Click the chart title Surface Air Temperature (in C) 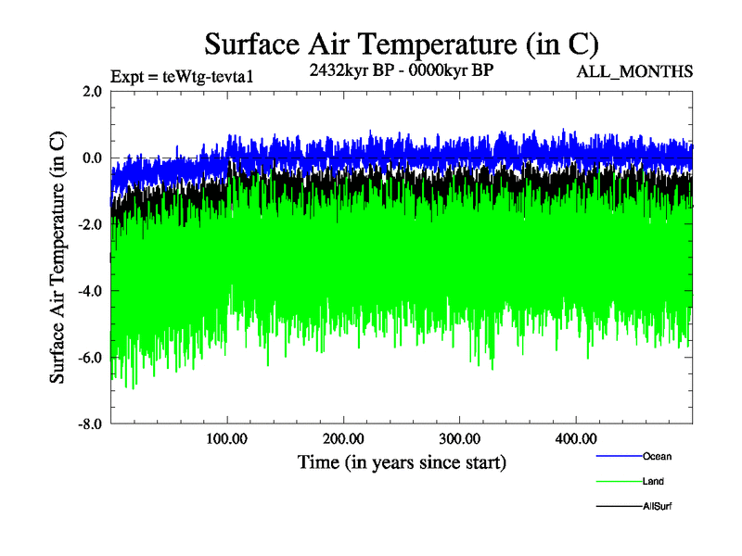(402, 44)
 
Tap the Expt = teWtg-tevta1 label (181, 76)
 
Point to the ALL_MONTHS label (635, 71)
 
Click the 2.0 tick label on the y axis (92, 91)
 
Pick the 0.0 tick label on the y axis (92, 158)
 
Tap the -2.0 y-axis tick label (90, 224)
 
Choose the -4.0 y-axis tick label (90, 291)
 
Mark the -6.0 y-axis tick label (90, 358)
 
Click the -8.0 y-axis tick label (90, 424)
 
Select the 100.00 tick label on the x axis (227, 438)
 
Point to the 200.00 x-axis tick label (343, 438)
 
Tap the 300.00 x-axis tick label (459, 438)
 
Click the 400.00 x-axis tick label (575, 438)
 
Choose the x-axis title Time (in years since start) (402, 461)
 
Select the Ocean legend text (657, 456)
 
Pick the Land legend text (653, 482)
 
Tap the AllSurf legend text (657, 507)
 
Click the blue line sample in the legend (618, 456)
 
